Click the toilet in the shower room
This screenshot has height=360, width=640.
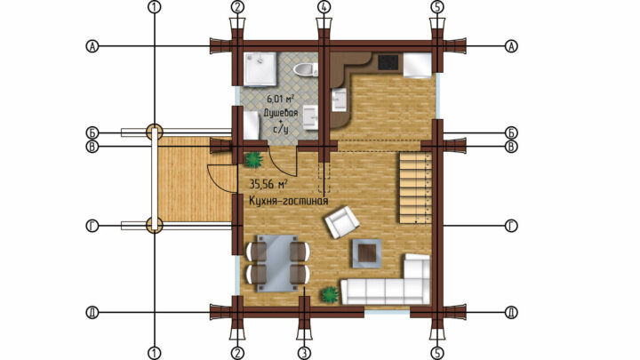click(x=305, y=70)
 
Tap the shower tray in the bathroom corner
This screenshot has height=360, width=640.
click(x=260, y=69)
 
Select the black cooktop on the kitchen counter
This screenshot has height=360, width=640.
click(x=388, y=62)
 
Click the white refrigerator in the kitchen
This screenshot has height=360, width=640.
click(x=418, y=64)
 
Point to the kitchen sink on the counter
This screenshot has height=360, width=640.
click(x=340, y=100)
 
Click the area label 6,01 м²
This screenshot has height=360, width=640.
click(x=280, y=99)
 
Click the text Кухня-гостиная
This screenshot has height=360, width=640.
click(x=289, y=201)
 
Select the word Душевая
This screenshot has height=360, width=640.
click(x=280, y=112)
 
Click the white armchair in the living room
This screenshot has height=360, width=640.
click(x=342, y=222)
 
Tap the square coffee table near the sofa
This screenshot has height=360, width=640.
click(x=367, y=253)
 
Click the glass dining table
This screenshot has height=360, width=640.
click(x=277, y=263)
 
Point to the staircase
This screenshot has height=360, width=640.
click(x=415, y=188)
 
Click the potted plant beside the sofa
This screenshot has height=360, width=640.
click(x=330, y=294)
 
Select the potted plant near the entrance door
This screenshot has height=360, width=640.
click(x=253, y=160)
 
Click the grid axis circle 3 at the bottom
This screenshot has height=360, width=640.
click(x=304, y=353)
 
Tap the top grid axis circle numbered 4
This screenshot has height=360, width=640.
click(x=324, y=6)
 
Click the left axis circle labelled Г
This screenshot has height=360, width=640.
click(x=92, y=226)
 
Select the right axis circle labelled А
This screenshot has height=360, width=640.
click(x=511, y=46)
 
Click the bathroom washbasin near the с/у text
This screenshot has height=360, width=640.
click(x=310, y=117)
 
